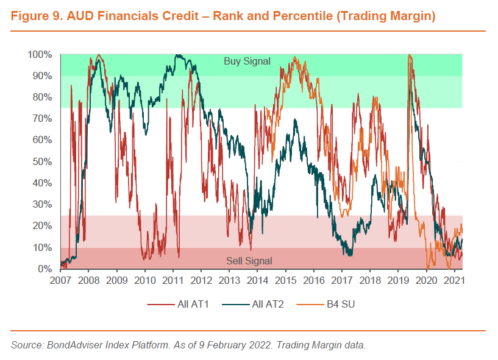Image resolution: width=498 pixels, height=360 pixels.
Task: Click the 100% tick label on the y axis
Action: [40, 55]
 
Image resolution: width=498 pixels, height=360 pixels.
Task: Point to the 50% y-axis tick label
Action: [42, 162]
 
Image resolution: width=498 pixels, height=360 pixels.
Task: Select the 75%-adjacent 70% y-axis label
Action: [42, 119]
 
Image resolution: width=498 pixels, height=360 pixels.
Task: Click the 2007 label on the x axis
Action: [60, 281]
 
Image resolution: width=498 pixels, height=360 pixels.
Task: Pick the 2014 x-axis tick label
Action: [257, 281]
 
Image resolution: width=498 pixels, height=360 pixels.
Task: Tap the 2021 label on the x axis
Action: [455, 281]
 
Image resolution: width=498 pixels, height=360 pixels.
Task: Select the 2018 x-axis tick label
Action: [370, 281]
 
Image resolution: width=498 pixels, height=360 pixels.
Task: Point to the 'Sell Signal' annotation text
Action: [249, 261]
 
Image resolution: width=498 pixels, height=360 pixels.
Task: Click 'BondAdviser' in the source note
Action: [75, 345]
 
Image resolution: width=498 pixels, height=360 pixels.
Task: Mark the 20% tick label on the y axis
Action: [42, 226]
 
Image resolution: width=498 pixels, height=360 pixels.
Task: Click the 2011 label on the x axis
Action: [173, 281]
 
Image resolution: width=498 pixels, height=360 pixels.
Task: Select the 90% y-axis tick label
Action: [42, 76]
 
